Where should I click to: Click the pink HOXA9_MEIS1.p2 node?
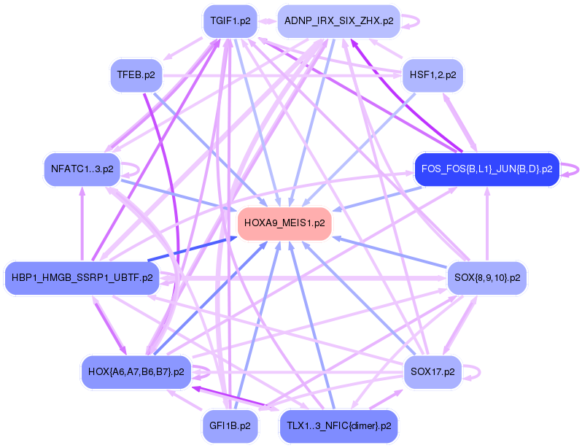pos(284,223)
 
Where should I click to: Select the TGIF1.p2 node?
pos(230,21)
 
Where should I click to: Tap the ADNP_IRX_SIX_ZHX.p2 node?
pos(339,21)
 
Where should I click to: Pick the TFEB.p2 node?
pos(136,74)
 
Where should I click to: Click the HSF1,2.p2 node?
pos(432,74)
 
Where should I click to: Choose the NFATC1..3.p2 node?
pos(82,169)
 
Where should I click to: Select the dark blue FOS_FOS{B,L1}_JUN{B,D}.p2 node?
pos(486,169)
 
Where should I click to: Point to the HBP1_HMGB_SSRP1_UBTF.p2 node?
pos(82,277)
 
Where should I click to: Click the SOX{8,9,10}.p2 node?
pos(486,277)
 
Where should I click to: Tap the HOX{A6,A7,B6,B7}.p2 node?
pos(136,372)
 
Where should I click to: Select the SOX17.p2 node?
pos(432,372)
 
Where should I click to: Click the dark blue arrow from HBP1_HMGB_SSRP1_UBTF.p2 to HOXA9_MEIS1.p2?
pos(193,249)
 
